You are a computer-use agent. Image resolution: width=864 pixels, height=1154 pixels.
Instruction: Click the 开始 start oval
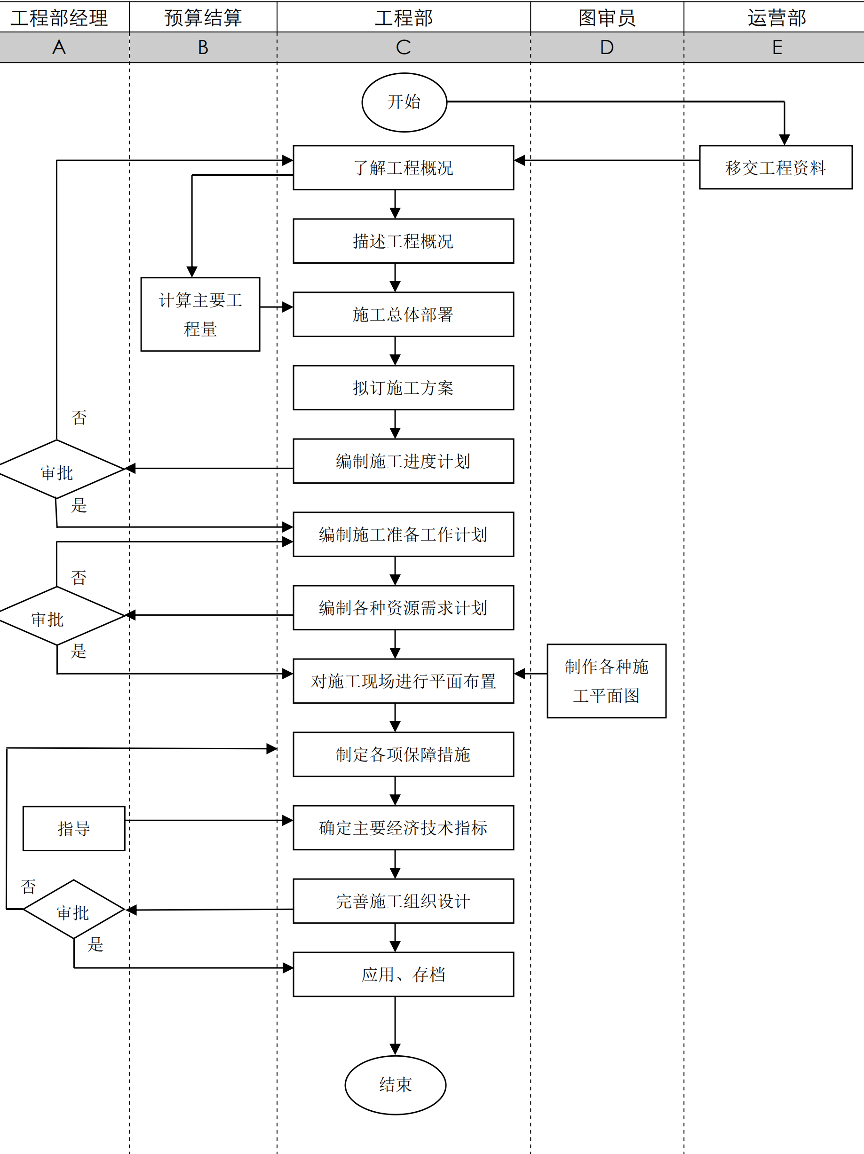click(x=404, y=102)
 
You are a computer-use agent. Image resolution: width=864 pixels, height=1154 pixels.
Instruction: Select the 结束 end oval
click(x=395, y=1084)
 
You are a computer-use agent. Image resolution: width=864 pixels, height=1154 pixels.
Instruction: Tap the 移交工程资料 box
click(x=775, y=167)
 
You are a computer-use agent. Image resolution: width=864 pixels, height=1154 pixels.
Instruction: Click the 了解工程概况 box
click(x=403, y=167)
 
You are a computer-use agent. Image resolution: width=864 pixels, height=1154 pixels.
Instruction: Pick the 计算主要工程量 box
click(x=200, y=314)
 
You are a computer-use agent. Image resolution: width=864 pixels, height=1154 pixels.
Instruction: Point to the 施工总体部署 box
click(x=403, y=314)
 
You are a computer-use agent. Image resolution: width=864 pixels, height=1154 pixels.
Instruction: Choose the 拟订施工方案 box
click(x=403, y=388)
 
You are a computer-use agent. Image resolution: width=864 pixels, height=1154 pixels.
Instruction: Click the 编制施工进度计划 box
click(x=403, y=461)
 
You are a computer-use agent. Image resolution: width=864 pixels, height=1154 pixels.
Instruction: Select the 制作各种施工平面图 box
click(x=606, y=681)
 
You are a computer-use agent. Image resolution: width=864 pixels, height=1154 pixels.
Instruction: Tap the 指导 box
click(x=74, y=828)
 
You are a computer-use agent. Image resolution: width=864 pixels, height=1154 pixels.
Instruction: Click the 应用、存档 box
click(x=403, y=974)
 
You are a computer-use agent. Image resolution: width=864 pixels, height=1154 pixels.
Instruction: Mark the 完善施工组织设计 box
click(x=403, y=901)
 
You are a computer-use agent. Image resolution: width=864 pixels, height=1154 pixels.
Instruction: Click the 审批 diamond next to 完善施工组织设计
click(x=74, y=909)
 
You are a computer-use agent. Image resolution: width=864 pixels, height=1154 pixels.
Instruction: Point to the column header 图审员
click(x=607, y=18)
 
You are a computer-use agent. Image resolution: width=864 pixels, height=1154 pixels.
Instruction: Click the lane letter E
click(x=777, y=47)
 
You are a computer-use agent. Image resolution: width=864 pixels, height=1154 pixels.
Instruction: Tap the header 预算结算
click(x=203, y=18)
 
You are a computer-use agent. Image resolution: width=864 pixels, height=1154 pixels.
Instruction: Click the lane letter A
click(x=59, y=47)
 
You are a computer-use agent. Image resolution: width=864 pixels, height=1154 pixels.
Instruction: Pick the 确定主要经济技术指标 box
click(x=403, y=827)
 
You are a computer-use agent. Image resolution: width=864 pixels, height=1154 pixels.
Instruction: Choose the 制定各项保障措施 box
click(x=403, y=754)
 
